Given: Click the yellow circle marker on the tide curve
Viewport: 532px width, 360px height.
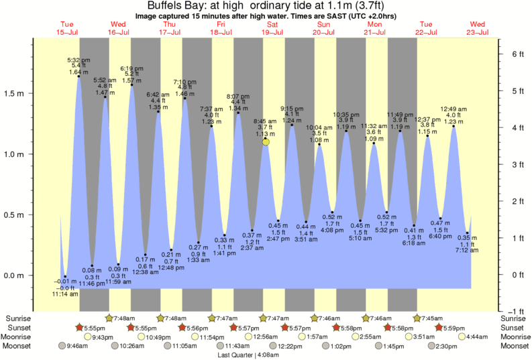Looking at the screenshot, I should [x=266, y=141].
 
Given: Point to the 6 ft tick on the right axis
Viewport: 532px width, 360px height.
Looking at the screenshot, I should [x=516, y=54].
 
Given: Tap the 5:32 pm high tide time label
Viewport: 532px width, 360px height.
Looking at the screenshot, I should [x=79, y=60].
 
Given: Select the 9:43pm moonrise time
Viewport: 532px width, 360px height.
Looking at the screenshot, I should [x=101, y=337].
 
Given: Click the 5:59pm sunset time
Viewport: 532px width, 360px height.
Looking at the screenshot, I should [x=454, y=327].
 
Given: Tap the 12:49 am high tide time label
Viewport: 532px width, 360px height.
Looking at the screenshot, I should [x=454, y=109].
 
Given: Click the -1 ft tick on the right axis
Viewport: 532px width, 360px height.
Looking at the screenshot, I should [x=515, y=312].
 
